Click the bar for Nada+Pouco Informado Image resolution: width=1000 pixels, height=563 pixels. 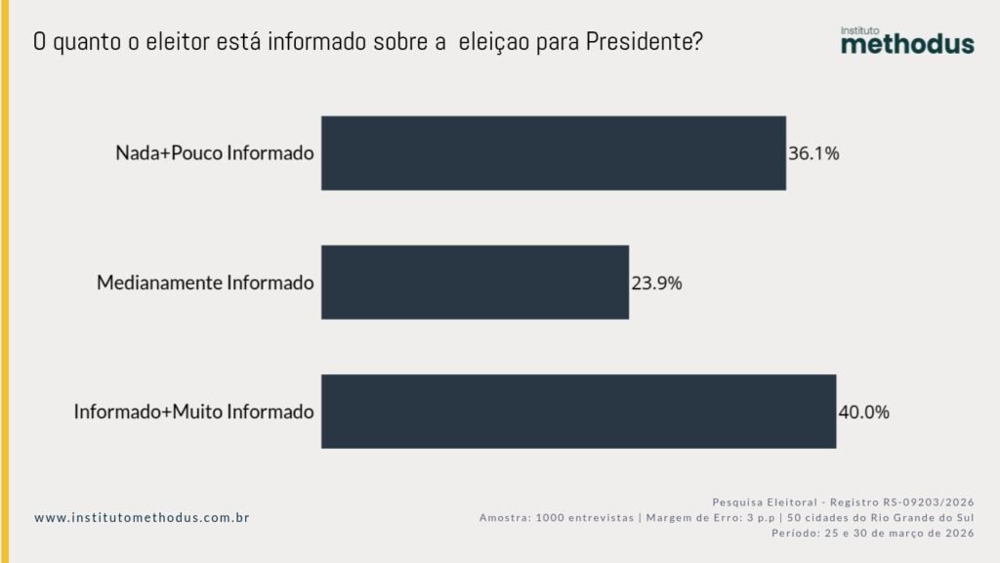pyautogui.click(x=553, y=153)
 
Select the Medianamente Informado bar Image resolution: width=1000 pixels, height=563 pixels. pyautogui.click(x=475, y=282)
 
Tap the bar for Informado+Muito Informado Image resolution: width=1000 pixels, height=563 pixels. pyautogui.click(x=578, y=411)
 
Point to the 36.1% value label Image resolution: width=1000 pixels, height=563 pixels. pyautogui.click(x=813, y=153)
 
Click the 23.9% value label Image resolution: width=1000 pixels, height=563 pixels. pyautogui.click(x=656, y=283)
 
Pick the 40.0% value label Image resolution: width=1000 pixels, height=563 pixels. pyautogui.click(x=863, y=412)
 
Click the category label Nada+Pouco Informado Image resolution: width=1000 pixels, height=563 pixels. pyautogui.click(x=215, y=153)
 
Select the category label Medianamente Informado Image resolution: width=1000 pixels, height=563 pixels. pyautogui.click(x=205, y=283)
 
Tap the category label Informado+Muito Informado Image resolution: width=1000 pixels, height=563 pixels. pyautogui.click(x=193, y=412)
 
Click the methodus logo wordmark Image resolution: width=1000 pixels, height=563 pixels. pyautogui.click(x=907, y=44)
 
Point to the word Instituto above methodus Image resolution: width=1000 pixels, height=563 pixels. pyautogui.click(x=860, y=30)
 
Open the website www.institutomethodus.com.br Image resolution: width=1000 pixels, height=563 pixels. pyautogui.click(x=142, y=517)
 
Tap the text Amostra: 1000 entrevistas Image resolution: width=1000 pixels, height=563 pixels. pyautogui.click(x=556, y=517)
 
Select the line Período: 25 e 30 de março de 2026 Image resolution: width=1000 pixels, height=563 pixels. pyautogui.click(x=872, y=534)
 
